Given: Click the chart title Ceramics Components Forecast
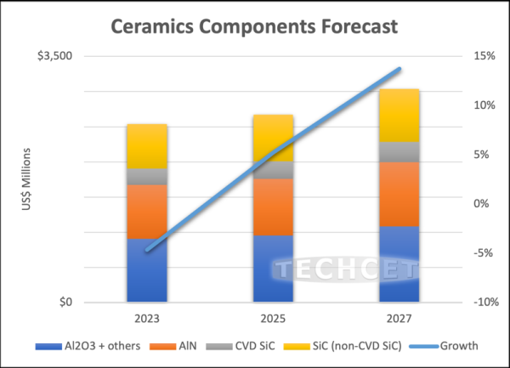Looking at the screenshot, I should [x=254, y=25].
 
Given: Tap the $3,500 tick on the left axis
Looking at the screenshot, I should [x=55, y=56].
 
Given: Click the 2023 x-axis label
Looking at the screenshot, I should [x=146, y=319].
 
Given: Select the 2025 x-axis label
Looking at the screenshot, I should [x=273, y=319].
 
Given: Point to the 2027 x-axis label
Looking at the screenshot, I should [x=399, y=319].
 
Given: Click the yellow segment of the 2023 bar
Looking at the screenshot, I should [x=146, y=146].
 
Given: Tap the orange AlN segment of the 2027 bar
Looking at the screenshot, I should [x=399, y=194].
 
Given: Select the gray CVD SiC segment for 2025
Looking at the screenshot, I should [x=273, y=170].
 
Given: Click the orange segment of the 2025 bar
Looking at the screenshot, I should [x=273, y=207].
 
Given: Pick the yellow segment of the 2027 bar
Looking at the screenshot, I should [x=399, y=116].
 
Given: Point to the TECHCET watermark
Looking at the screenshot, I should [x=344, y=271].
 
